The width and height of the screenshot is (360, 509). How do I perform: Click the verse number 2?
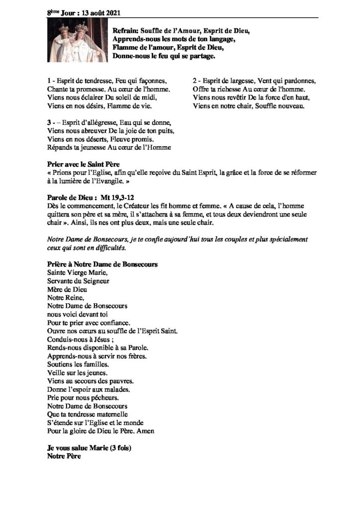point(195,81)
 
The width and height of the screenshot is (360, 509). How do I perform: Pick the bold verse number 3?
point(49,122)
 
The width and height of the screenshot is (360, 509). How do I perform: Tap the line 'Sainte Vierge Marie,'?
point(77,272)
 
